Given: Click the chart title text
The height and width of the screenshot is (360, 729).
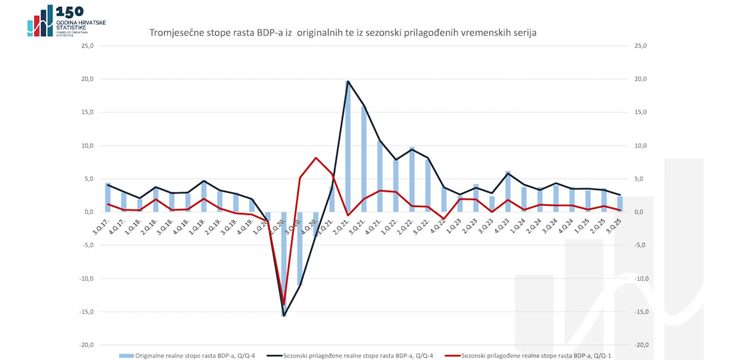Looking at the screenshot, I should pyautogui.click(x=342, y=33).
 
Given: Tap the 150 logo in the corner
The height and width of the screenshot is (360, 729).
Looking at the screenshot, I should pyautogui.click(x=67, y=21).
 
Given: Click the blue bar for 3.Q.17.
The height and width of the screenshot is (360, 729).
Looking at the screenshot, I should pyautogui.click(x=108, y=197).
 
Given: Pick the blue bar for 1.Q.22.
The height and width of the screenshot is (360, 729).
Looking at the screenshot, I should pyautogui.click(x=396, y=186).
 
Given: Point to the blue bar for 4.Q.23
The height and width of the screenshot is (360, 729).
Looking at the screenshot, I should pyautogui.click(x=508, y=192).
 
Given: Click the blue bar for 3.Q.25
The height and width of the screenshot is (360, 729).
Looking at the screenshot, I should pyautogui.click(x=620, y=204).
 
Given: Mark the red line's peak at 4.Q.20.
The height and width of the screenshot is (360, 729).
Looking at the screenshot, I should pyautogui.click(x=316, y=158).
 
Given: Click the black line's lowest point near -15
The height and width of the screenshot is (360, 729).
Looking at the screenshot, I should pyautogui.click(x=284, y=316).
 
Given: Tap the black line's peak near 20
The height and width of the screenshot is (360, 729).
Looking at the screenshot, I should pyautogui.click(x=348, y=81).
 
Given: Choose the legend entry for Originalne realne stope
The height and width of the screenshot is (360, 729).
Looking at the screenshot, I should pyautogui.click(x=187, y=356).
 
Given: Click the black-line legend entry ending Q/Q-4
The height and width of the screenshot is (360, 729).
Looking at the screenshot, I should pyautogui.click(x=350, y=356).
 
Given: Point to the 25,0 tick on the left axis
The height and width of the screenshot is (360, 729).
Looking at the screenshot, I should pyautogui.click(x=87, y=46).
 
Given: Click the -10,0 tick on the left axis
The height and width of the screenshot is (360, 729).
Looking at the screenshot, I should pyautogui.click(x=86, y=279).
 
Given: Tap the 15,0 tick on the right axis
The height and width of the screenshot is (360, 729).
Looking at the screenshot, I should pyautogui.click(x=641, y=112).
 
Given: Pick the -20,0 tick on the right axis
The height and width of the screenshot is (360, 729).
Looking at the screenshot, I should pyautogui.click(x=642, y=345).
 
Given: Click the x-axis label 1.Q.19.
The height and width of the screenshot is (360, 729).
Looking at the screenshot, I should pyautogui.click(x=197, y=227).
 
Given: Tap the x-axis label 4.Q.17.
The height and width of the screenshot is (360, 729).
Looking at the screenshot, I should pyautogui.click(x=117, y=227).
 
